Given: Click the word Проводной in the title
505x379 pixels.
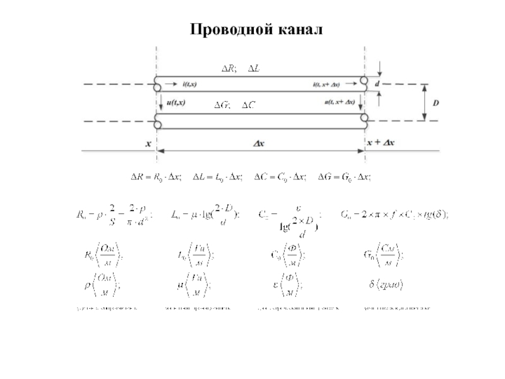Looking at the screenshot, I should [x=229, y=29].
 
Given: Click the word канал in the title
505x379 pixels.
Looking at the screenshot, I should [x=298, y=29].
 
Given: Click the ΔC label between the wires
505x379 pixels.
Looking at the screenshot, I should [x=247, y=105].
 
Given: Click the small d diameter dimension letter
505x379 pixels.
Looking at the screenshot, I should [x=377, y=83].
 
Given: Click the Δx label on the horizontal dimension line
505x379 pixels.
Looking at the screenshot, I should [x=259, y=143].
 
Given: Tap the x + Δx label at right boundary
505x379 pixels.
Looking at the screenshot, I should [x=381, y=143].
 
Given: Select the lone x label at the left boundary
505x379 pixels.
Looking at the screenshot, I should [x=148, y=143].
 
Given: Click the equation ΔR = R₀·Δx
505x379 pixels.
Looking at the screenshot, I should [x=155, y=177].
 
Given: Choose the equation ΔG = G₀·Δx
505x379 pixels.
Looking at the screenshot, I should [x=344, y=177].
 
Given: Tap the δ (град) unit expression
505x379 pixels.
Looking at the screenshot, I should [x=386, y=285].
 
